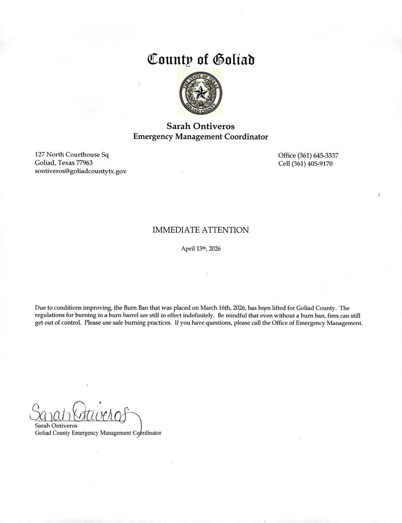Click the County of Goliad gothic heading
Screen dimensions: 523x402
201,59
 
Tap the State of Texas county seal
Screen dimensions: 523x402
201,93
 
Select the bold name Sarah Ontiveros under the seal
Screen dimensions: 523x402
201,126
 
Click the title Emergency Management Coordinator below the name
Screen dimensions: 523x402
201,137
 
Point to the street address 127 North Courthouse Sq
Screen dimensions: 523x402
71,154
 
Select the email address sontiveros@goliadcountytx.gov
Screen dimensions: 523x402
81,171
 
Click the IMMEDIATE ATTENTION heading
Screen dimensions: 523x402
201,230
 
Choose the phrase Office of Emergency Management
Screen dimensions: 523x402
317,323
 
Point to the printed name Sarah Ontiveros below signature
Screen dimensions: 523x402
56,425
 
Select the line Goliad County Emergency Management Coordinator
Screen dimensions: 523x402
98,433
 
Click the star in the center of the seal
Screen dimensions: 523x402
201,92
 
